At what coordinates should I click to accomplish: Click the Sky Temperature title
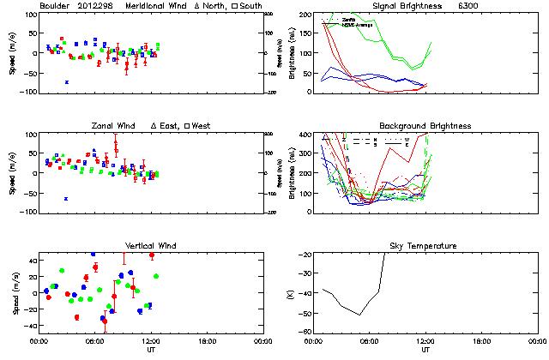pos(425,246)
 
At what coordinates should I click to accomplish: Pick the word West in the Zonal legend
pos(202,126)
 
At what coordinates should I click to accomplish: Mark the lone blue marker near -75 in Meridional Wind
pos(67,82)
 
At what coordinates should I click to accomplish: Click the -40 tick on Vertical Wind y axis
pos(27,327)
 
